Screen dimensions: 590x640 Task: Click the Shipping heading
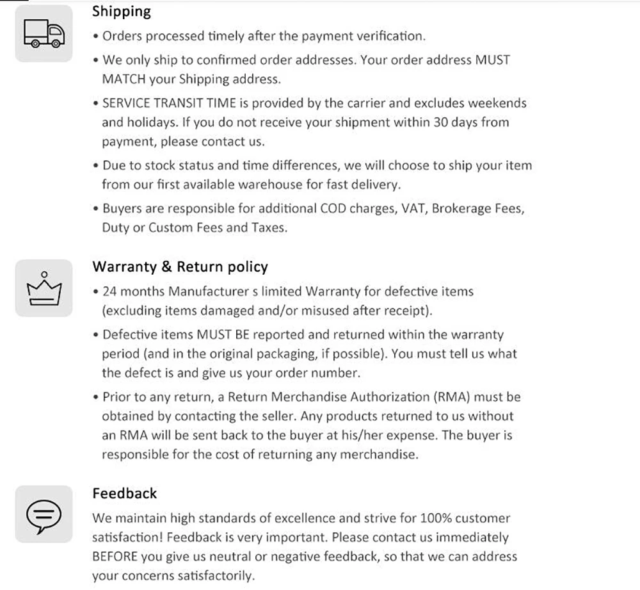coord(122,11)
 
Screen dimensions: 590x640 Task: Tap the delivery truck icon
coord(44,33)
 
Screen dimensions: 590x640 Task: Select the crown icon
coord(44,288)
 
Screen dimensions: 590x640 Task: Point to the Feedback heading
coord(125,493)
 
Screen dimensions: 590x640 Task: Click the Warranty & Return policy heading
coord(180,267)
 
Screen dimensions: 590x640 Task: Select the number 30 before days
coord(441,122)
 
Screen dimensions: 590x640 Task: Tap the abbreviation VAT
coord(413,208)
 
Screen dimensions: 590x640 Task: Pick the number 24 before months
coord(109,291)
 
